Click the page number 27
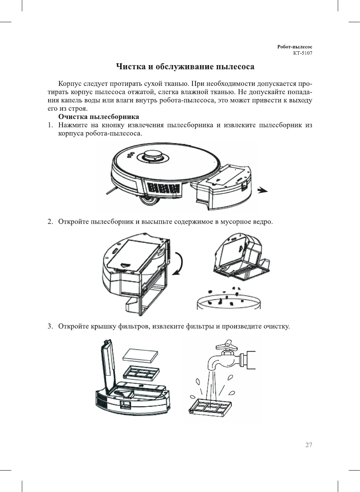[x=309, y=445]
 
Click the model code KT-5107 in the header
[x=303, y=53]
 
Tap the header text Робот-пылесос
[x=295, y=47]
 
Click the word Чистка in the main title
[x=130, y=67]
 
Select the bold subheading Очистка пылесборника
[x=99, y=117]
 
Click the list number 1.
[x=50, y=125]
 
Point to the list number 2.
[x=50, y=221]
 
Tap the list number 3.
[x=50, y=326]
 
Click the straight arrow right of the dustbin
[x=262, y=190]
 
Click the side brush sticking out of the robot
[x=111, y=190]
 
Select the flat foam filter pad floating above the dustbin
[x=141, y=355]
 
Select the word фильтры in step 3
[x=200, y=326]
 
